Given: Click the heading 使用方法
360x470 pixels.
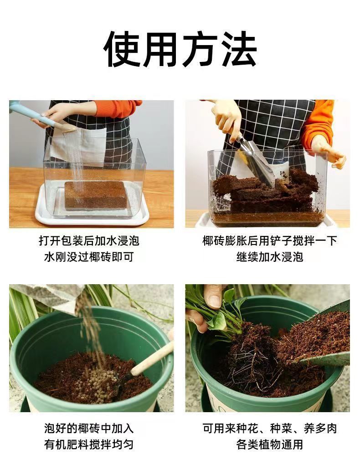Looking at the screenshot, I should point(180,49).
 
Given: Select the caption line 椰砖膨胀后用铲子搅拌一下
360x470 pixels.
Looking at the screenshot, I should point(269,241).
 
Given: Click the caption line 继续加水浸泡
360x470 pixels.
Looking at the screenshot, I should point(269,257).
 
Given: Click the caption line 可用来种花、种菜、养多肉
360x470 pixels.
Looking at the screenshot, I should point(269,428).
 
